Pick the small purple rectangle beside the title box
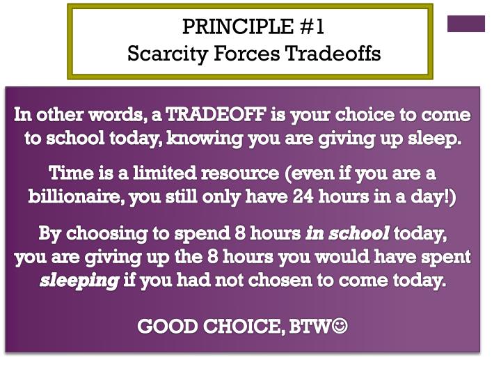(x=466, y=24)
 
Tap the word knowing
(x=203, y=138)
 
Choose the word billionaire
(x=77, y=196)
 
